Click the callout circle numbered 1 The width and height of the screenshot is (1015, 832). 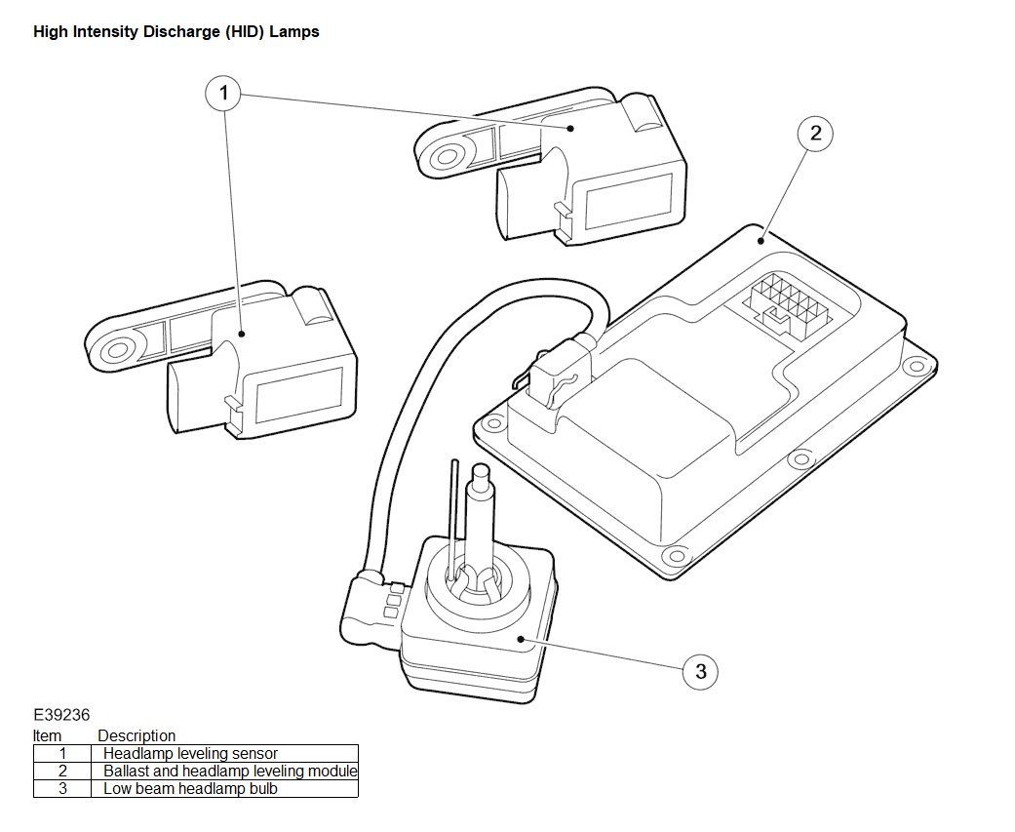tap(224, 94)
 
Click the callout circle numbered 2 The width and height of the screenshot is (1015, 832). tap(815, 133)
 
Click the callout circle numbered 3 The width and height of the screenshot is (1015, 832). tap(701, 671)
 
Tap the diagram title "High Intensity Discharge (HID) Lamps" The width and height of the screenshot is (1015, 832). tap(176, 32)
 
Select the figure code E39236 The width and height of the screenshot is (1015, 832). tap(61, 715)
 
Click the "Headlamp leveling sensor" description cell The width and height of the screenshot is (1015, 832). tap(190, 754)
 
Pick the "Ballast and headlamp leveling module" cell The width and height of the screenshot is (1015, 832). tap(230, 772)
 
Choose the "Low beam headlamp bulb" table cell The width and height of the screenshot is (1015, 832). tap(190, 789)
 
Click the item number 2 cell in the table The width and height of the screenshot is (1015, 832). tap(62, 772)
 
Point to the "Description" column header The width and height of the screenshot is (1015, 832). tap(136, 736)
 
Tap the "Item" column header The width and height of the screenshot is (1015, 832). tap(47, 736)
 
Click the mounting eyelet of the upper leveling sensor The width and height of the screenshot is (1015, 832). tap(446, 156)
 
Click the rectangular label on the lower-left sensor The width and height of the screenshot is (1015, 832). tap(299, 393)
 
